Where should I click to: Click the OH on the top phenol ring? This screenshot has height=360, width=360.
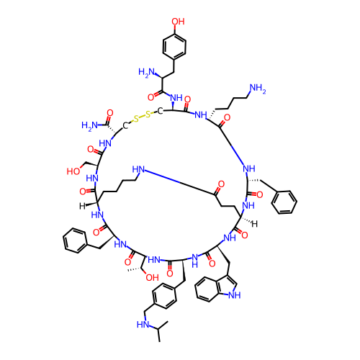178,22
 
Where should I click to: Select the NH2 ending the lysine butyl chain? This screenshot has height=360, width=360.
258,89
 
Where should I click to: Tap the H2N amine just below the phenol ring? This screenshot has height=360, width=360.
146,72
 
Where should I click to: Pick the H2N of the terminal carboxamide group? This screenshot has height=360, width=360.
89,125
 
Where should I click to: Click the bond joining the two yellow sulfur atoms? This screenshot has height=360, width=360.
143,116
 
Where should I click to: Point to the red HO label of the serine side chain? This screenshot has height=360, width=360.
73,171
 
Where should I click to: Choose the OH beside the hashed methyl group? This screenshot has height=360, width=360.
152,278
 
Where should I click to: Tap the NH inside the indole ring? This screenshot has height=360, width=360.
234,295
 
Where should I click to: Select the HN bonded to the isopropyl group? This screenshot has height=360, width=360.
143,325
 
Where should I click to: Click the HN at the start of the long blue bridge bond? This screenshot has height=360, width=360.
138,169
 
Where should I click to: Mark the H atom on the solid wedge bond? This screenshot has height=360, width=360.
82,206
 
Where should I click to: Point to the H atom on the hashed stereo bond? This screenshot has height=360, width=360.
254,224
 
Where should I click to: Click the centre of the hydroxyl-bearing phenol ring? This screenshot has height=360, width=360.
174,47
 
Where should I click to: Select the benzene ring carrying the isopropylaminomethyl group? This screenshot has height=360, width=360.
164,295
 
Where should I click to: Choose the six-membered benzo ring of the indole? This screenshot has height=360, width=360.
207,289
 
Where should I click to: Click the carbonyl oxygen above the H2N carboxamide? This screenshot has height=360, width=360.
110,113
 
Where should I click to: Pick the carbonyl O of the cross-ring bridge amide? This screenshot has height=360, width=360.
221,184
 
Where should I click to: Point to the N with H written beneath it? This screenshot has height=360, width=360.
194,261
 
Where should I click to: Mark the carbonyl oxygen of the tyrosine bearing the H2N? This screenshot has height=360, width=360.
150,97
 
